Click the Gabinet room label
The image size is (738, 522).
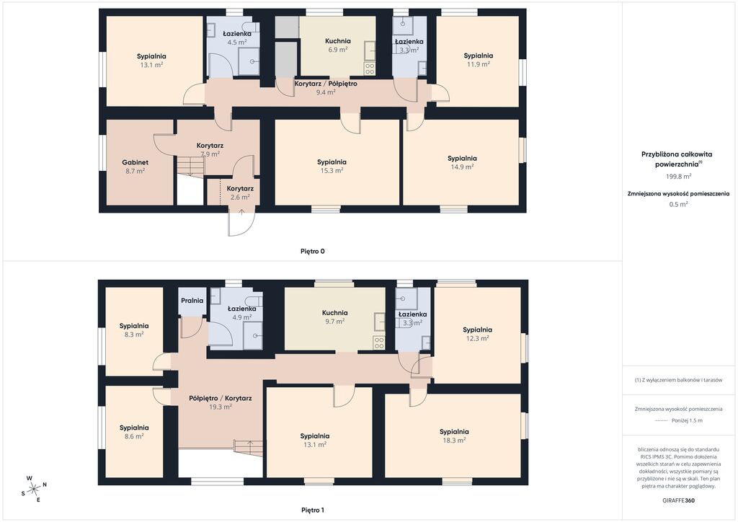(x=135, y=162)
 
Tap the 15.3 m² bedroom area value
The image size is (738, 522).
(x=332, y=170)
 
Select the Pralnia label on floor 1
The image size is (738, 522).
(x=192, y=301)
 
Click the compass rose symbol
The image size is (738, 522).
(x=35, y=490)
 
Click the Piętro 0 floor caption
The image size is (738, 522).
(x=313, y=252)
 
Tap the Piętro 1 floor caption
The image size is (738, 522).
(x=313, y=510)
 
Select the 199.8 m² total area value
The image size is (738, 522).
(x=678, y=177)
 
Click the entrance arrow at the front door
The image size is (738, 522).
(x=241, y=212)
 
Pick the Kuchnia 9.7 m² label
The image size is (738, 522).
(x=334, y=317)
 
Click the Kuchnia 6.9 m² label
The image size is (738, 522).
(x=337, y=45)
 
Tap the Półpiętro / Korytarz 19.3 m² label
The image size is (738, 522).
(x=221, y=402)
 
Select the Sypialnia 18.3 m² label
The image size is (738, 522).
(x=454, y=436)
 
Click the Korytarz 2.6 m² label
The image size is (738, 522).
(x=240, y=193)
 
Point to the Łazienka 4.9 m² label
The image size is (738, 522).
(x=242, y=313)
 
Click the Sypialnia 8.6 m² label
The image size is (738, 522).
(x=134, y=432)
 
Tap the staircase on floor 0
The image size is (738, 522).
(x=190, y=166)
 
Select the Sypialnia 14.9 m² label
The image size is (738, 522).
(x=462, y=162)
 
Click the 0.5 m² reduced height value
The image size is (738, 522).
(x=678, y=204)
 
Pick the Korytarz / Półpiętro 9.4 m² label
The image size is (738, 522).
(x=326, y=88)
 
